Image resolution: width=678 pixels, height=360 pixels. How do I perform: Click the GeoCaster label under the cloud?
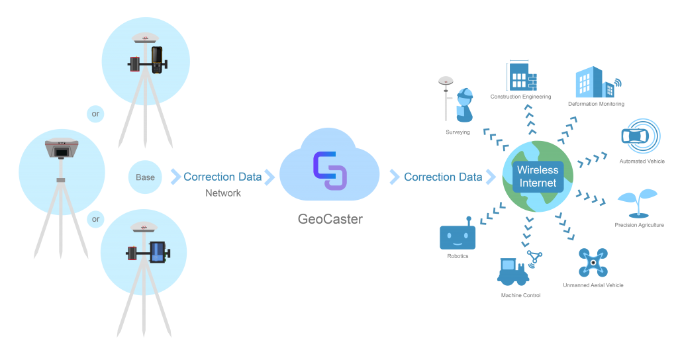pos(330,219)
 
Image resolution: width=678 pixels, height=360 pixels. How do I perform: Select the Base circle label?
pos(145,177)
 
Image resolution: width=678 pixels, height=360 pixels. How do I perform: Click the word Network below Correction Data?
pos(222,193)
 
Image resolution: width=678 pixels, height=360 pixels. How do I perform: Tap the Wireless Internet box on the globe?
pos(538,176)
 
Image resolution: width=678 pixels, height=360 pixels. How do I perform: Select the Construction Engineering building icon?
pos(520,77)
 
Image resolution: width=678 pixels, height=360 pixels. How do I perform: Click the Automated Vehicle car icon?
pos(638,136)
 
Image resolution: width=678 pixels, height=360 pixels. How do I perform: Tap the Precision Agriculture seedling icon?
pos(637,202)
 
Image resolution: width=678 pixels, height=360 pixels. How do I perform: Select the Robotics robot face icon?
pos(458,236)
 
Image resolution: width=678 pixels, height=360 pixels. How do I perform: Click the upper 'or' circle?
pos(96,114)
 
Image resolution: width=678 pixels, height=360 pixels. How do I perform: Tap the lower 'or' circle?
pos(96,219)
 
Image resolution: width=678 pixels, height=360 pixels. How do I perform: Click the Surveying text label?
pos(458,132)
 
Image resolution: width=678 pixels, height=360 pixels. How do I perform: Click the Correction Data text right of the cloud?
pos(443,177)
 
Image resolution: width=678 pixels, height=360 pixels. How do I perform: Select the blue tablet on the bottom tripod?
pos(157,251)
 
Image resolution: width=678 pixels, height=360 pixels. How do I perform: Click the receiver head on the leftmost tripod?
pos(61,150)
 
